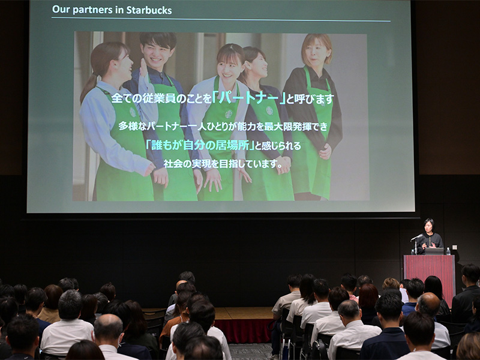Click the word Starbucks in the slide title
(x=150, y=10)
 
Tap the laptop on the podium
(x=434, y=251)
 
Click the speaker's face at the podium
(x=428, y=226)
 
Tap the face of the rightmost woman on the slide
(x=316, y=53)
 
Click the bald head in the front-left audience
(x=109, y=326)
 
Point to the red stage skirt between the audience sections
(x=245, y=330)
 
